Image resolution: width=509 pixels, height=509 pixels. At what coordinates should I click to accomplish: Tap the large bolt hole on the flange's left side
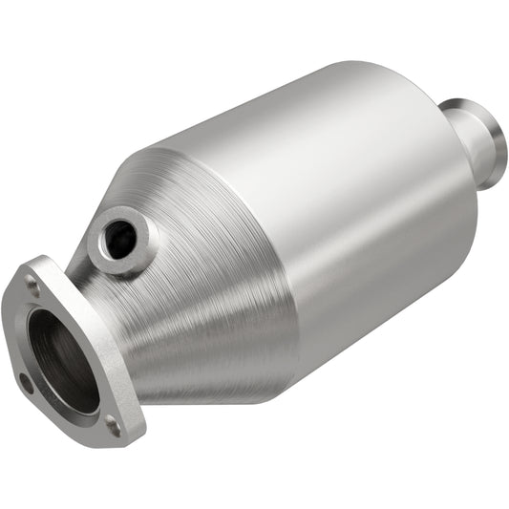click(x=26, y=382)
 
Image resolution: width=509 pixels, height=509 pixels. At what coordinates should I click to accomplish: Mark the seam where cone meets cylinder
click(x=286, y=239)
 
